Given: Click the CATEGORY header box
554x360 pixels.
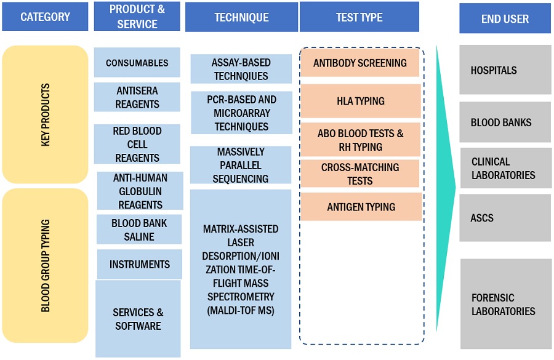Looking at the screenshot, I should [45, 17].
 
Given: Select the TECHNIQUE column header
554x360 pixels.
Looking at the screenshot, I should [241, 17].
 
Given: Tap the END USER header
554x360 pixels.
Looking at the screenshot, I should [505, 19].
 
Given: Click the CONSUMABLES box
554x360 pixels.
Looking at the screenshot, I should [137, 63].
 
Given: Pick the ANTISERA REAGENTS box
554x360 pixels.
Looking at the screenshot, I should [137, 97].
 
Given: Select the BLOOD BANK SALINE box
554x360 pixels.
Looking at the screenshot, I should [139, 229].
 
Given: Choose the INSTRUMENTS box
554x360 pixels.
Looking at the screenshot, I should [139, 265].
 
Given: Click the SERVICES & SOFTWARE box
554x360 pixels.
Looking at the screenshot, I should [138, 319].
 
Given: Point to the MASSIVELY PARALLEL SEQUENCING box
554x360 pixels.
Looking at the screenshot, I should [241, 165].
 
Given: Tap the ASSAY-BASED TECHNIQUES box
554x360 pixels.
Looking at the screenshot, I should [241, 69].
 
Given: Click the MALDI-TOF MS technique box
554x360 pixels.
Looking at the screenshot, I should [241, 270].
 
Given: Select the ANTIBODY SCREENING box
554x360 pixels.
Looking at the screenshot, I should [360, 63].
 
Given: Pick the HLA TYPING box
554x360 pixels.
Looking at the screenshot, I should [361, 101].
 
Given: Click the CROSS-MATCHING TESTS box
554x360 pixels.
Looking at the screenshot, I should [360, 174].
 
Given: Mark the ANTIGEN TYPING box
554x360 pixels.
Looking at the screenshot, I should [361, 207].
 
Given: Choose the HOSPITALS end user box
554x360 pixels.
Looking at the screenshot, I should [505, 70].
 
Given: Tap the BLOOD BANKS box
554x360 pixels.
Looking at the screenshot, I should [505, 122].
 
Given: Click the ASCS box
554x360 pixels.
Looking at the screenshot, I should [505, 218].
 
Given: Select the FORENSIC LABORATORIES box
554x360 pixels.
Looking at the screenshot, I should [505, 304].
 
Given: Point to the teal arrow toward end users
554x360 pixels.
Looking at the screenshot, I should [444, 185].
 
